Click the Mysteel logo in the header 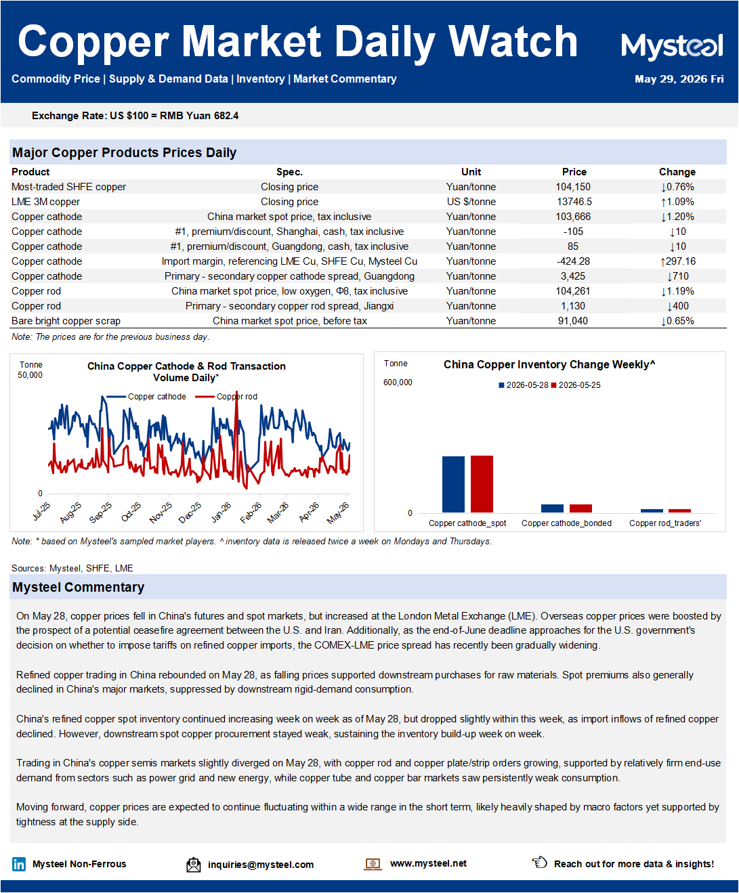coord(672,47)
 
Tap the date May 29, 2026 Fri coord(679,79)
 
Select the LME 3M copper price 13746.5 coord(574,202)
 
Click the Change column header coord(677,172)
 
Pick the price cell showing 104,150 coord(573,187)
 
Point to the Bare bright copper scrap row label coord(66,321)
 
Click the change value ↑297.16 coord(677,261)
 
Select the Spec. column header coord(289,172)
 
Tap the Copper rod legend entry coord(226,397)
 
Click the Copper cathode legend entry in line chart coord(146,397)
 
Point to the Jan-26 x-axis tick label coord(221,512)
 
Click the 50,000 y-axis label coord(30,375)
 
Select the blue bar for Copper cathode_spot coord(453,484)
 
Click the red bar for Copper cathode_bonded coord(580,508)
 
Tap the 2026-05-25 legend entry coord(576,385)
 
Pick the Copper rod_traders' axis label coord(665,523)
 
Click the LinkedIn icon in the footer coord(19,864)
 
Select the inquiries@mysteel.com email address coord(261,865)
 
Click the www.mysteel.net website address coord(428,863)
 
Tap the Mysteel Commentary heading coord(79,587)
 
